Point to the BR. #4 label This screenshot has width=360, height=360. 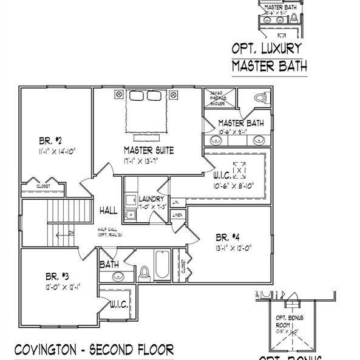coord(229,237)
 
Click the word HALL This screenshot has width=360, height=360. coord(109,210)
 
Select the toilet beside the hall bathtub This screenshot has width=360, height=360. coord(144,273)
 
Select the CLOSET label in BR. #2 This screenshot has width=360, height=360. coord(42,186)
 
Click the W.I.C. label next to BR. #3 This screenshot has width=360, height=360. coord(118,305)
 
